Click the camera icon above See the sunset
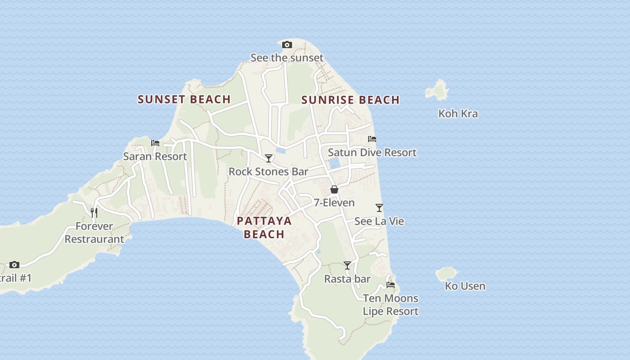(x=287, y=45)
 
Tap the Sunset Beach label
(x=184, y=99)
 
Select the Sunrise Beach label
(x=350, y=100)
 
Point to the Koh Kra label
(x=458, y=114)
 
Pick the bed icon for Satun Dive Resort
(x=372, y=139)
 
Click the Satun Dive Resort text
(x=372, y=153)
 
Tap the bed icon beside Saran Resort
(x=155, y=143)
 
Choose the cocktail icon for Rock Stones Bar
(x=269, y=158)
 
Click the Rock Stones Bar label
(x=268, y=171)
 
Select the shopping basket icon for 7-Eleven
(x=334, y=189)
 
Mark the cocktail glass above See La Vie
(x=379, y=208)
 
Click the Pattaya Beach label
(x=264, y=227)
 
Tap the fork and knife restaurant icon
(x=94, y=212)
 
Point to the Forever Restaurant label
(x=94, y=233)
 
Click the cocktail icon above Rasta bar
(x=347, y=265)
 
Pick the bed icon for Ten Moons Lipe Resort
(x=390, y=285)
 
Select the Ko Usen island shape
(x=446, y=273)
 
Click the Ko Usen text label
(x=465, y=286)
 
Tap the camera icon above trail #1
(x=14, y=265)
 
